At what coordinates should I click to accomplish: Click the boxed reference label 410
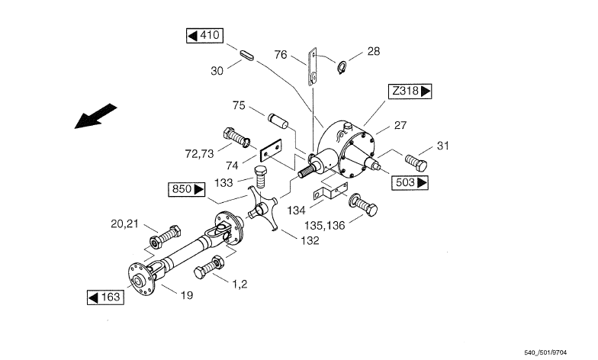pos(204,35)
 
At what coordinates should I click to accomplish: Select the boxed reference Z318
pos(410,92)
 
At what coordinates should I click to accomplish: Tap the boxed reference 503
pos(410,183)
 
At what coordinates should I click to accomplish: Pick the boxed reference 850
pos(186,189)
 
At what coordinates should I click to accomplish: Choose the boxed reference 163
pos(105,297)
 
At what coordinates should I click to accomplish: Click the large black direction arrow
pos(95,116)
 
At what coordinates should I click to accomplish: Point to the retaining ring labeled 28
pos(342,67)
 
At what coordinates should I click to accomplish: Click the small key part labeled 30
pos(247,53)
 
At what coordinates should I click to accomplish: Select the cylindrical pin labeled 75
pos(278,121)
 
